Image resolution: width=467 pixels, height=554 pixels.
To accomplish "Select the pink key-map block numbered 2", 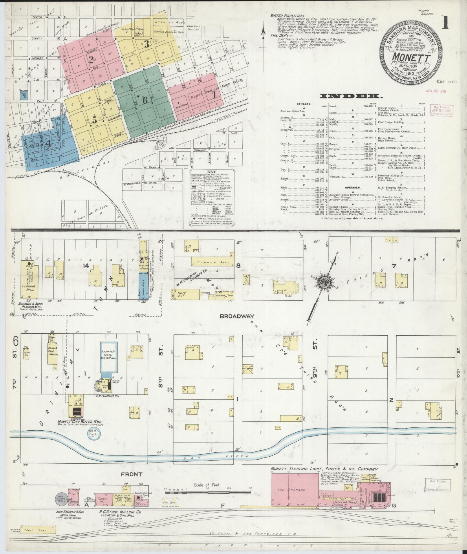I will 91,59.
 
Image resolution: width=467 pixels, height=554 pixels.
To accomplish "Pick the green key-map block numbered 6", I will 144,100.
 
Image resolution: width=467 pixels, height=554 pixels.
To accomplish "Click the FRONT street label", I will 132,474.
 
